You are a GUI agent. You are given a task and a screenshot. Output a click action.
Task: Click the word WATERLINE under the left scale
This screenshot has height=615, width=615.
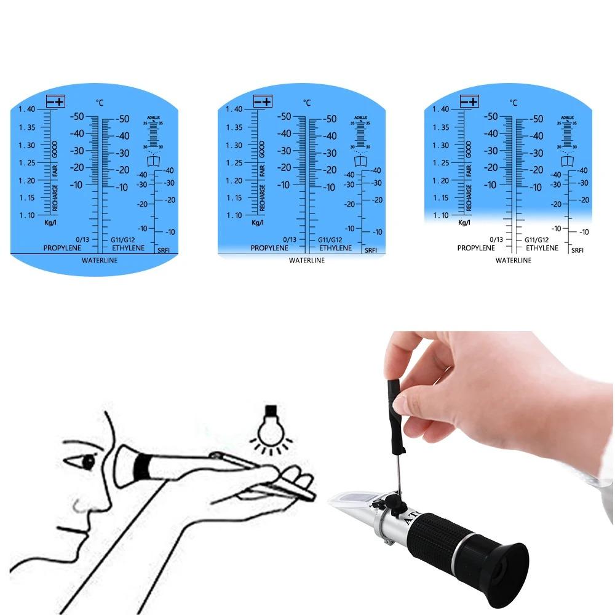click(x=100, y=261)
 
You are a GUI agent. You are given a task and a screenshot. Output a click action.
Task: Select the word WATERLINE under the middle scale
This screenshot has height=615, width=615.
click(x=306, y=261)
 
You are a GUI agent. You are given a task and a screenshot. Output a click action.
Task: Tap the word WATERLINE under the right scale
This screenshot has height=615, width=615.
click(x=514, y=261)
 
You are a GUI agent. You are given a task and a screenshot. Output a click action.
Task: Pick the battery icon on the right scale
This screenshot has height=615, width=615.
click(x=469, y=101)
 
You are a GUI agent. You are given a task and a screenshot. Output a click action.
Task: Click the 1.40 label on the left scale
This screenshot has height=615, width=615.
click(x=27, y=109)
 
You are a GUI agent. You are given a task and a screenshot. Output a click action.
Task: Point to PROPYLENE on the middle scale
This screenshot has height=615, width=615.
click(x=269, y=248)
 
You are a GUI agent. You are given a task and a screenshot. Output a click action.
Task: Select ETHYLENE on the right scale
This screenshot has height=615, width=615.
click(x=542, y=248)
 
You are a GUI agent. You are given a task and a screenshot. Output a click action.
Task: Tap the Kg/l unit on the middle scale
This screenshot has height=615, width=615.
click(x=258, y=223)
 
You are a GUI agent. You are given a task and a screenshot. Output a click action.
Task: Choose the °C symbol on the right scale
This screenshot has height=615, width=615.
click(x=513, y=103)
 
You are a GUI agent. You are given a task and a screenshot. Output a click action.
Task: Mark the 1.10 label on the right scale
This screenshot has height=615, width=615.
click(x=440, y=215)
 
